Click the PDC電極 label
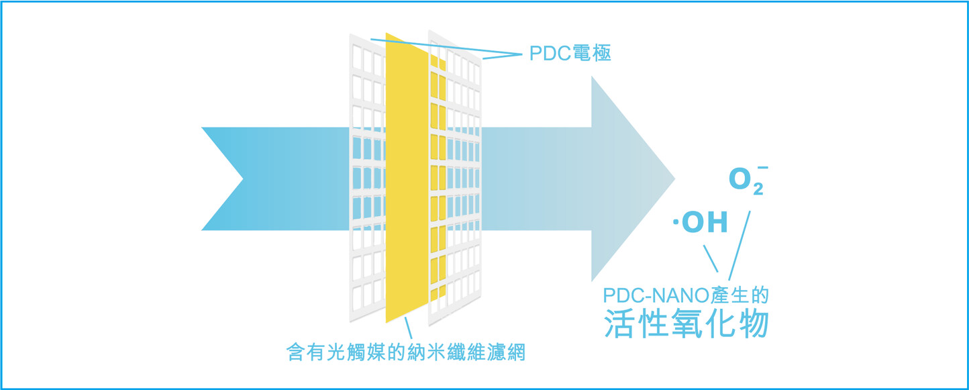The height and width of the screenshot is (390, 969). pos(570,53)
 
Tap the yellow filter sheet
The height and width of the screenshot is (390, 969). pos(407,177)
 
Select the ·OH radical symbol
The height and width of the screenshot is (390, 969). pos(701,222)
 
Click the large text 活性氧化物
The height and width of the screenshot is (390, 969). pos(686,323)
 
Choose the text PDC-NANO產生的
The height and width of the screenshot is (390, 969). pos(686,295)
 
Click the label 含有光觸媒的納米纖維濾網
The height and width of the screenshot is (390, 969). pos(406,352)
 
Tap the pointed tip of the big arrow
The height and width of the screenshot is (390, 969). pos(674,179)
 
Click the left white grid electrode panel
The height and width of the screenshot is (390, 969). pos(367,177)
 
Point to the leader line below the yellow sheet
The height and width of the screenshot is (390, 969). pos(408,328)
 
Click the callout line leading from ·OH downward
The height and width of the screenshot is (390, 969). pos(711,258)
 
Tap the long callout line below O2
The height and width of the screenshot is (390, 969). pos(739,246)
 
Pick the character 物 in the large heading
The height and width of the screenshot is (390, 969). pos(754,323)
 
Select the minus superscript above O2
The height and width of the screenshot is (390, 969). pos(763,167)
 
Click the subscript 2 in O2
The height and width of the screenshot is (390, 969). pos(758,189)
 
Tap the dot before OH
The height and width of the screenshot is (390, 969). pos(676,222)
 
